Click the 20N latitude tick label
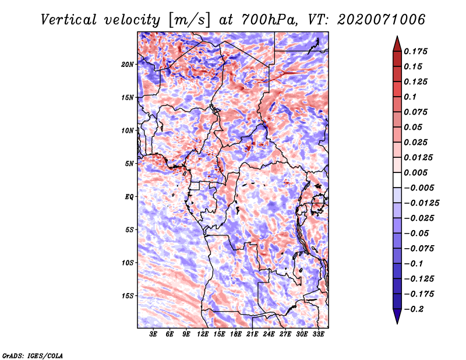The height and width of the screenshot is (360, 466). pos(128,65)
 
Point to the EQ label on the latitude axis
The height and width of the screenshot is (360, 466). pos(129,197)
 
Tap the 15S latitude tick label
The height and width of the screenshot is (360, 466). pos(128,296)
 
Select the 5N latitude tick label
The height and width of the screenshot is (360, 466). pos(129,164)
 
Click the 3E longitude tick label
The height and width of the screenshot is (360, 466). pos(153,334)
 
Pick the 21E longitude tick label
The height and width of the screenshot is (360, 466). pos(252,334)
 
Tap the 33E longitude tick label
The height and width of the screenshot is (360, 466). pos(318,334)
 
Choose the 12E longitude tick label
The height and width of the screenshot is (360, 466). pos(202,334)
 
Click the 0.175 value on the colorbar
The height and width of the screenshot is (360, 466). pos(415,51)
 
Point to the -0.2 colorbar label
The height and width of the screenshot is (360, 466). pos(414,309)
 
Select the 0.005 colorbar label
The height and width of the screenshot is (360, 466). pos(415,172)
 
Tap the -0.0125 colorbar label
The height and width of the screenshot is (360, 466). pos(421,203)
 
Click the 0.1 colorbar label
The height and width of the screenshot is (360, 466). pos(410,97)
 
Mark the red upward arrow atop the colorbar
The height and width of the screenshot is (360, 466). pos(397,44)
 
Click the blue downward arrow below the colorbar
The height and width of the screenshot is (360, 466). pos(397,316)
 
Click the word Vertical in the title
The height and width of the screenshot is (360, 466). pos(69,20)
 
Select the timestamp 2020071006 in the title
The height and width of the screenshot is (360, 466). pos(382,20)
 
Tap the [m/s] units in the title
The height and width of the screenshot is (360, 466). pos(190,20)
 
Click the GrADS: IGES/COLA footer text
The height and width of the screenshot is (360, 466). pos(33,356)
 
